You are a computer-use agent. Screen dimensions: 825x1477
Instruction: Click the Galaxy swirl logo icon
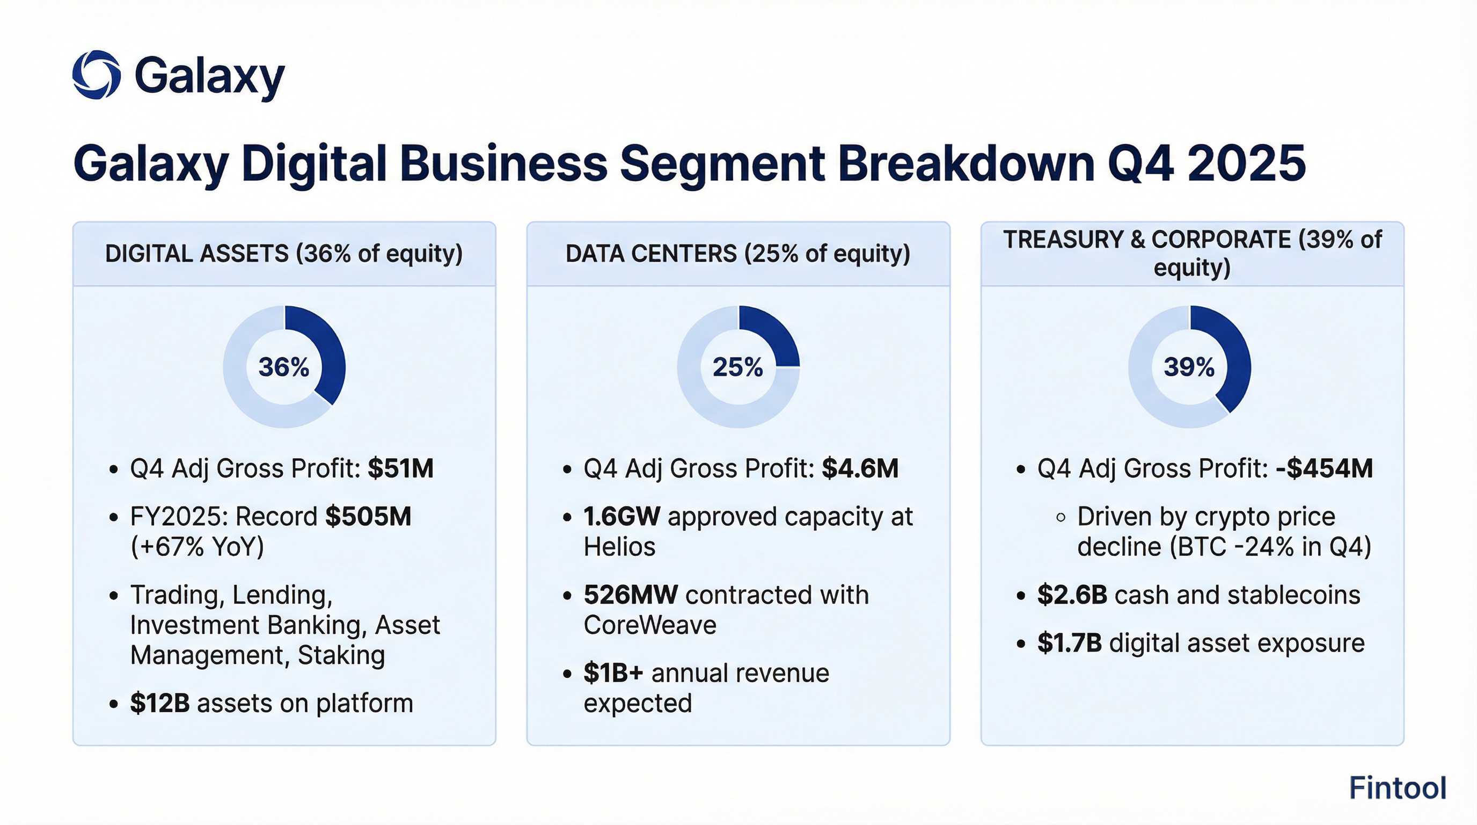coord(96,75)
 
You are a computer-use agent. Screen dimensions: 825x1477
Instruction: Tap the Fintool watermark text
coord(1398,788)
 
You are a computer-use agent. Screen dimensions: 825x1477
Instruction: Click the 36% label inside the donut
coord(284,367)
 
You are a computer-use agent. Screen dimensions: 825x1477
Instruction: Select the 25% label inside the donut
coord(738,367)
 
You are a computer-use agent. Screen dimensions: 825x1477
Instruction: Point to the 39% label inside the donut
coord(1189,367)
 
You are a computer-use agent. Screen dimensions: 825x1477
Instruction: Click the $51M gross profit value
coord(400,469)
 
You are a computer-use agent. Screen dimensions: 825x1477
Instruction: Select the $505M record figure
coord(368,517)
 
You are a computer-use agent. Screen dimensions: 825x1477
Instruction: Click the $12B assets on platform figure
coord(159,704)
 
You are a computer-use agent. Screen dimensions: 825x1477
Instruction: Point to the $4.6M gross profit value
coord(859,469)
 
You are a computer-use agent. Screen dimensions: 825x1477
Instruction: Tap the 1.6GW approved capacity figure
coord(621,517)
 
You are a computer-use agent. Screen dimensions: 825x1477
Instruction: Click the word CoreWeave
coord(649,625)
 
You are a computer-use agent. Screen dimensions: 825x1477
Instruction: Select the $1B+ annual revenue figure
coord(613,673)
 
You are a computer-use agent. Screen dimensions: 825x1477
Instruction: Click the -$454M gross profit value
coord(1324,469)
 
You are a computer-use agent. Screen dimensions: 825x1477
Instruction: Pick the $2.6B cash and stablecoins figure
coord(1072,595)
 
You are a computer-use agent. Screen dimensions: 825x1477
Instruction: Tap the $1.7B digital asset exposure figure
coord(1069,643)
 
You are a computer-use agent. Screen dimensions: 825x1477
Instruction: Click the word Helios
coord(619,547)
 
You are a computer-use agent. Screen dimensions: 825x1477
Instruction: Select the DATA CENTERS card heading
coord(737,254)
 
